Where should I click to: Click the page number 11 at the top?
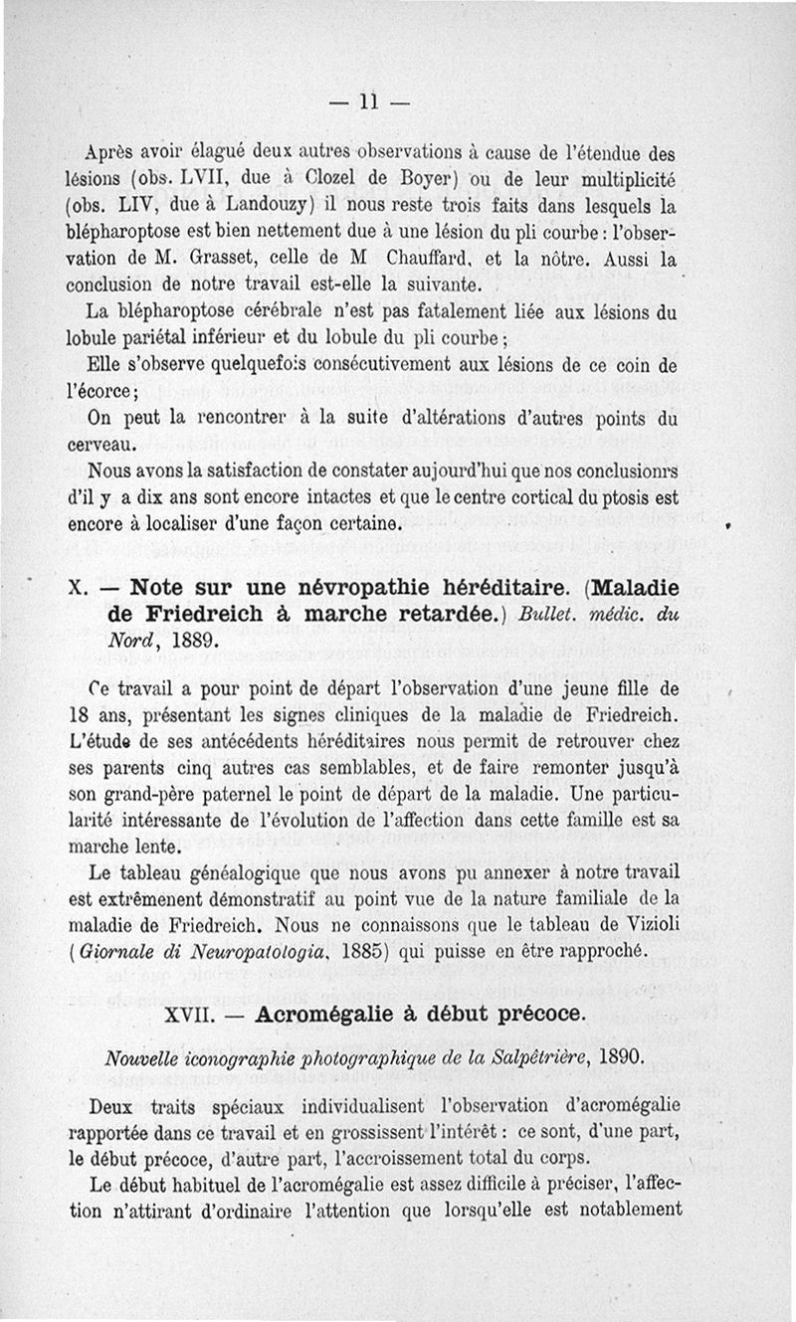pos(370,101)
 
